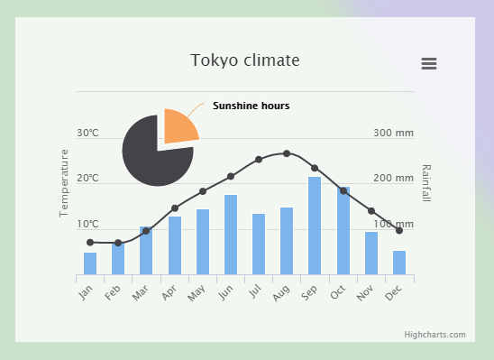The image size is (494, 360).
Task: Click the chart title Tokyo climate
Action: [244, 60]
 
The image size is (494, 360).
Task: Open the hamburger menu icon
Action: [429, 63]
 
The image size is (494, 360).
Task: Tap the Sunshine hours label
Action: [251, 106]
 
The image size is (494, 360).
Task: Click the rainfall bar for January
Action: [90, 263]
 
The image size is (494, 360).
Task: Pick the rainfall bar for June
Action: [231, 235]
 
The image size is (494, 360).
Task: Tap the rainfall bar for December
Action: [398, 262]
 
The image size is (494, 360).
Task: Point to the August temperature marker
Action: [287, 153]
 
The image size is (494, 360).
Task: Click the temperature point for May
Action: [203, 191]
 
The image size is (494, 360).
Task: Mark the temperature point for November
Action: [370, 211]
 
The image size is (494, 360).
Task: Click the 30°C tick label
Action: [87, 134]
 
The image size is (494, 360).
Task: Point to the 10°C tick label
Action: [87, 224]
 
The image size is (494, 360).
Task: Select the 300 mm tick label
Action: [393, 134]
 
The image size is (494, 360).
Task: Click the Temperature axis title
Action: [64, 183]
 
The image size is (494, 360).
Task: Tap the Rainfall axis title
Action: [426, 183]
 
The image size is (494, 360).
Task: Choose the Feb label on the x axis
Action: [113, 292]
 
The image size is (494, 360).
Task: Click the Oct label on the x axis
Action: [337, 292]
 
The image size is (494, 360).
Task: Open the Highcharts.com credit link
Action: [435, 335]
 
